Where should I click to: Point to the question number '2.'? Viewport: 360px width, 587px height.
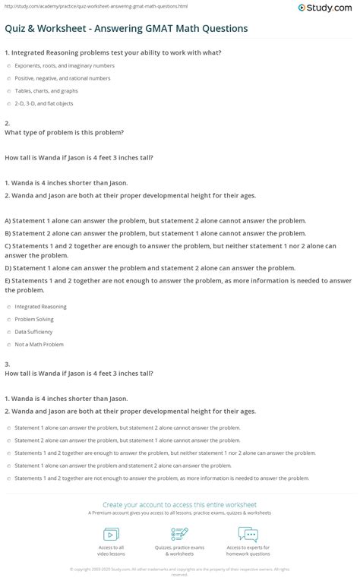point(7,122)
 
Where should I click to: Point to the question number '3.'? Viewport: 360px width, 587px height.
point(7,364)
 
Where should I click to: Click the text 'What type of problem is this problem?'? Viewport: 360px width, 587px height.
point(63,131)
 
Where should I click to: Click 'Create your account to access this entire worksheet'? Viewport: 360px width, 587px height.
point(180,503)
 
